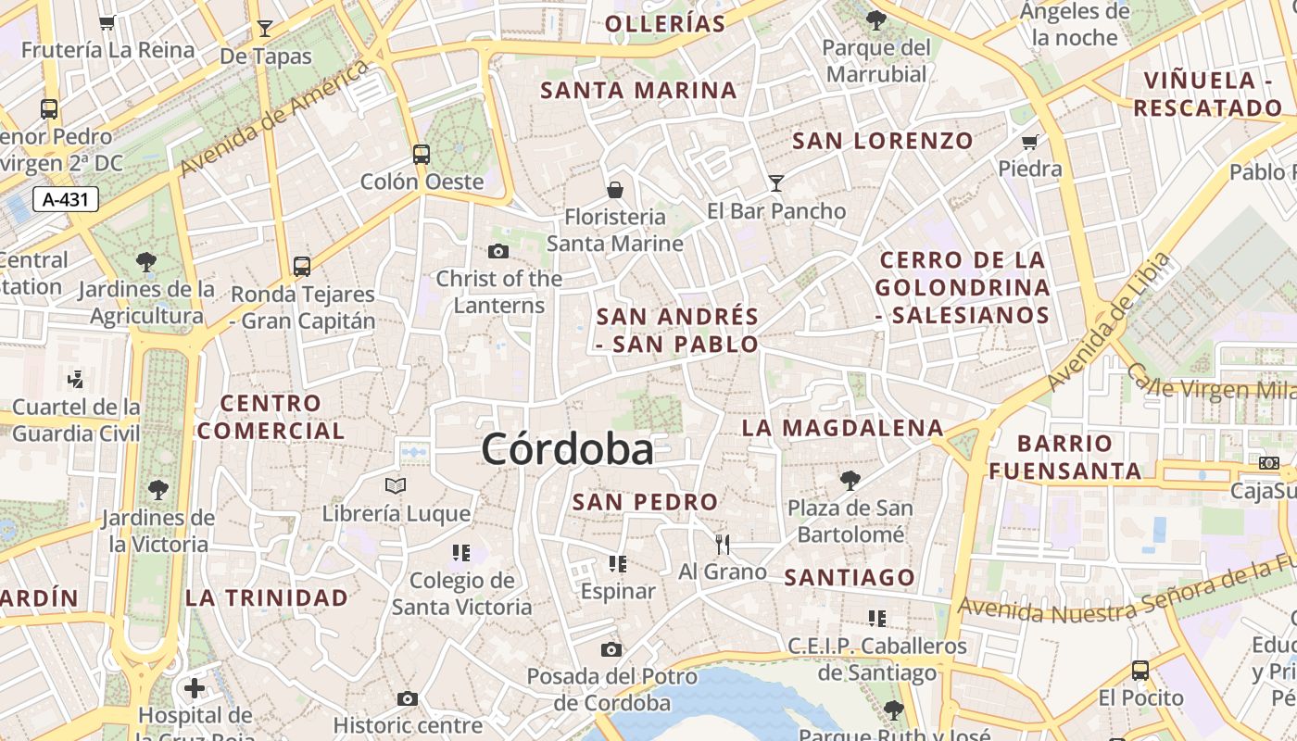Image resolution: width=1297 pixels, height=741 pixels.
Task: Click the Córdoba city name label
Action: coord(567,450)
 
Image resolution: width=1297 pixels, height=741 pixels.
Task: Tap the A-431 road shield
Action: coord(65,198)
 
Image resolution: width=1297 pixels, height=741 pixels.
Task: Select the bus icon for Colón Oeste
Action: coord(422,154)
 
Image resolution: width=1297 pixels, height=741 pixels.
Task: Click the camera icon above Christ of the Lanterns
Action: coord(498,251)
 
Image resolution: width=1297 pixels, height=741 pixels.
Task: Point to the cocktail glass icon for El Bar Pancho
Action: coord(775,183)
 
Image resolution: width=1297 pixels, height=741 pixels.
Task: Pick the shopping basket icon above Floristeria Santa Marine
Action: coord(614,190)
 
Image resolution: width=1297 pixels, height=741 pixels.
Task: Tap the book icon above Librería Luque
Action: coord(396,485)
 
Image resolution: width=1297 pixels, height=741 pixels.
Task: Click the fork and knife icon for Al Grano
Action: coord(723,544)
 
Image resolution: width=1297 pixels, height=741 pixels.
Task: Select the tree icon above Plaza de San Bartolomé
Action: coord(850,480)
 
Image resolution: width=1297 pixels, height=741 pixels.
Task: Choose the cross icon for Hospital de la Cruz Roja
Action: coord(195,688)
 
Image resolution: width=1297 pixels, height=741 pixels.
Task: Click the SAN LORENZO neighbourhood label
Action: coord(883,141)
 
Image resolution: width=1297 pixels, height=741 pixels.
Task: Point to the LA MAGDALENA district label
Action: coord(842,428)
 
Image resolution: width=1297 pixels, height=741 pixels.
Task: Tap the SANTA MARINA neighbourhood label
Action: coord(638,91)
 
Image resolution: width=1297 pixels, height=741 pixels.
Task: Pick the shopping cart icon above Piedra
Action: coord(1029,142)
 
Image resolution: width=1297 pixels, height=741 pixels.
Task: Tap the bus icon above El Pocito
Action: coord(1140,670)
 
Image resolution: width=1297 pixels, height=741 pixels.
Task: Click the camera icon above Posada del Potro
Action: coord(611,649)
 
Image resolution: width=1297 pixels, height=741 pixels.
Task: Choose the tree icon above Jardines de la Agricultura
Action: coord(145,261)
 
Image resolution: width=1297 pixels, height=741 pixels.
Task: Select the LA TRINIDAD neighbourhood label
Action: coord(267,597)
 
